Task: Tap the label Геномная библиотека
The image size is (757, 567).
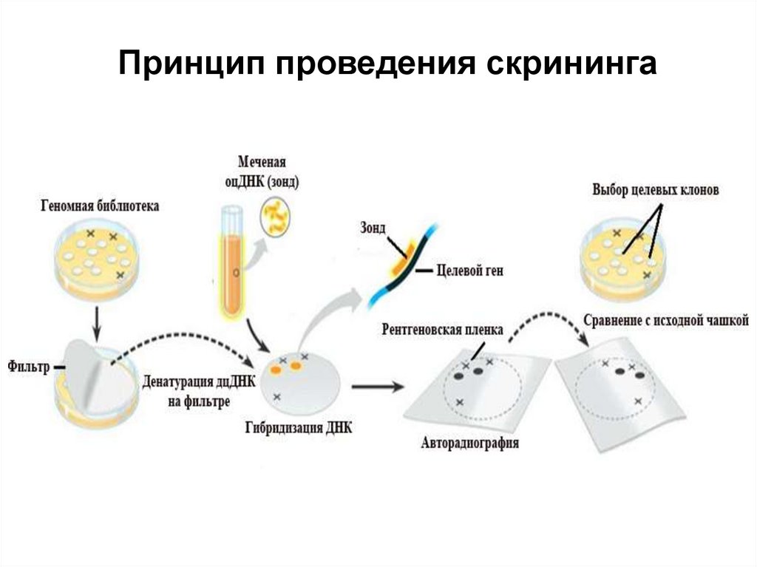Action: pyautogui.click(x=100, y=207)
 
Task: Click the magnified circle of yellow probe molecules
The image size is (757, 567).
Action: pyautogui.click(x=276, y=215)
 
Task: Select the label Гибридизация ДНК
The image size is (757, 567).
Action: pyautogui.click(x=298, y=427)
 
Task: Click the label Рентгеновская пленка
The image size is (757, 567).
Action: pyautogui.click(x=442, y=328)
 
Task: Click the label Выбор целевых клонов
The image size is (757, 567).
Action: pyautogui.click(x=655, y=190)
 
